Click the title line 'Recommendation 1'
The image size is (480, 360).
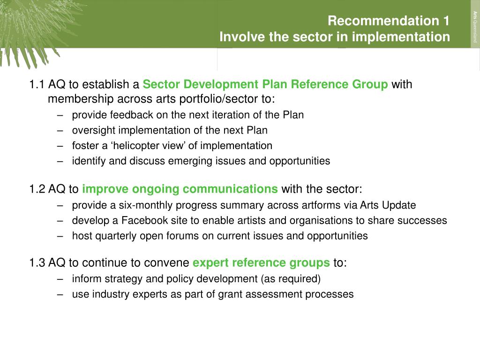[388, 21]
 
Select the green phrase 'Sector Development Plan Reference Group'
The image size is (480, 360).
[265, 84]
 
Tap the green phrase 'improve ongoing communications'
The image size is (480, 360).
[180, 189]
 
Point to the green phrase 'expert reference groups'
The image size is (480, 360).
[261, 262]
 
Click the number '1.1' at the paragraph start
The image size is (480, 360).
[37, 84]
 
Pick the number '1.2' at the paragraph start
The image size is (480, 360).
[37, 189]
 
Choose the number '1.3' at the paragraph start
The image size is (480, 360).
[37, 262]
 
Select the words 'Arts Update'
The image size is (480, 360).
[388, 205]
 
